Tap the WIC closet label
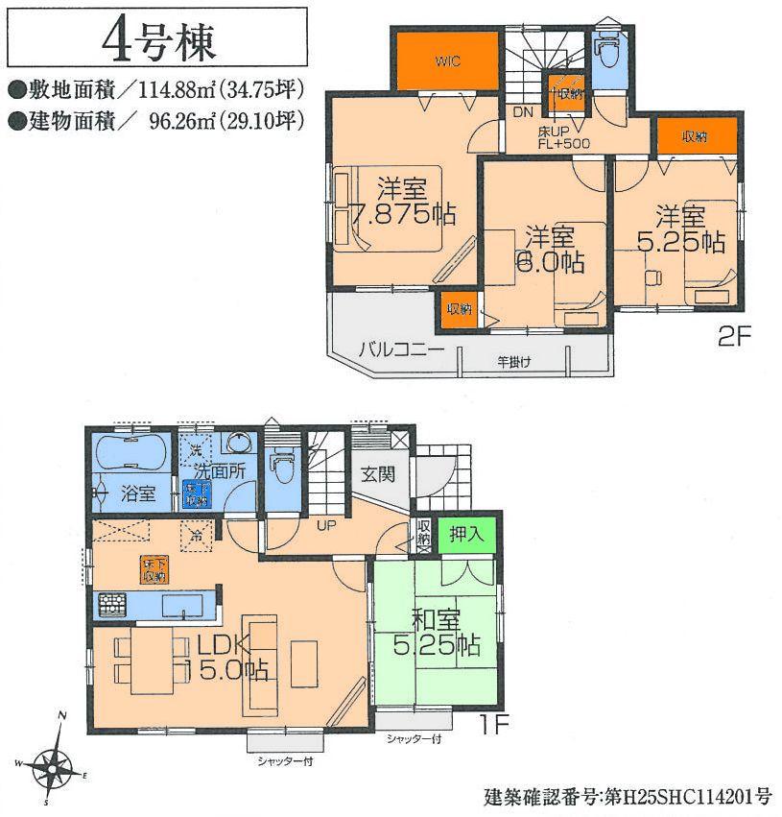click(x=447, y=61)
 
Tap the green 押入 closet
click(x=466, y=534)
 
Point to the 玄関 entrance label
click(x=378, y=474)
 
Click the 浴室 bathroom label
click(x=138, y=494)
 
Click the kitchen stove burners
click(x=110, y=605)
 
